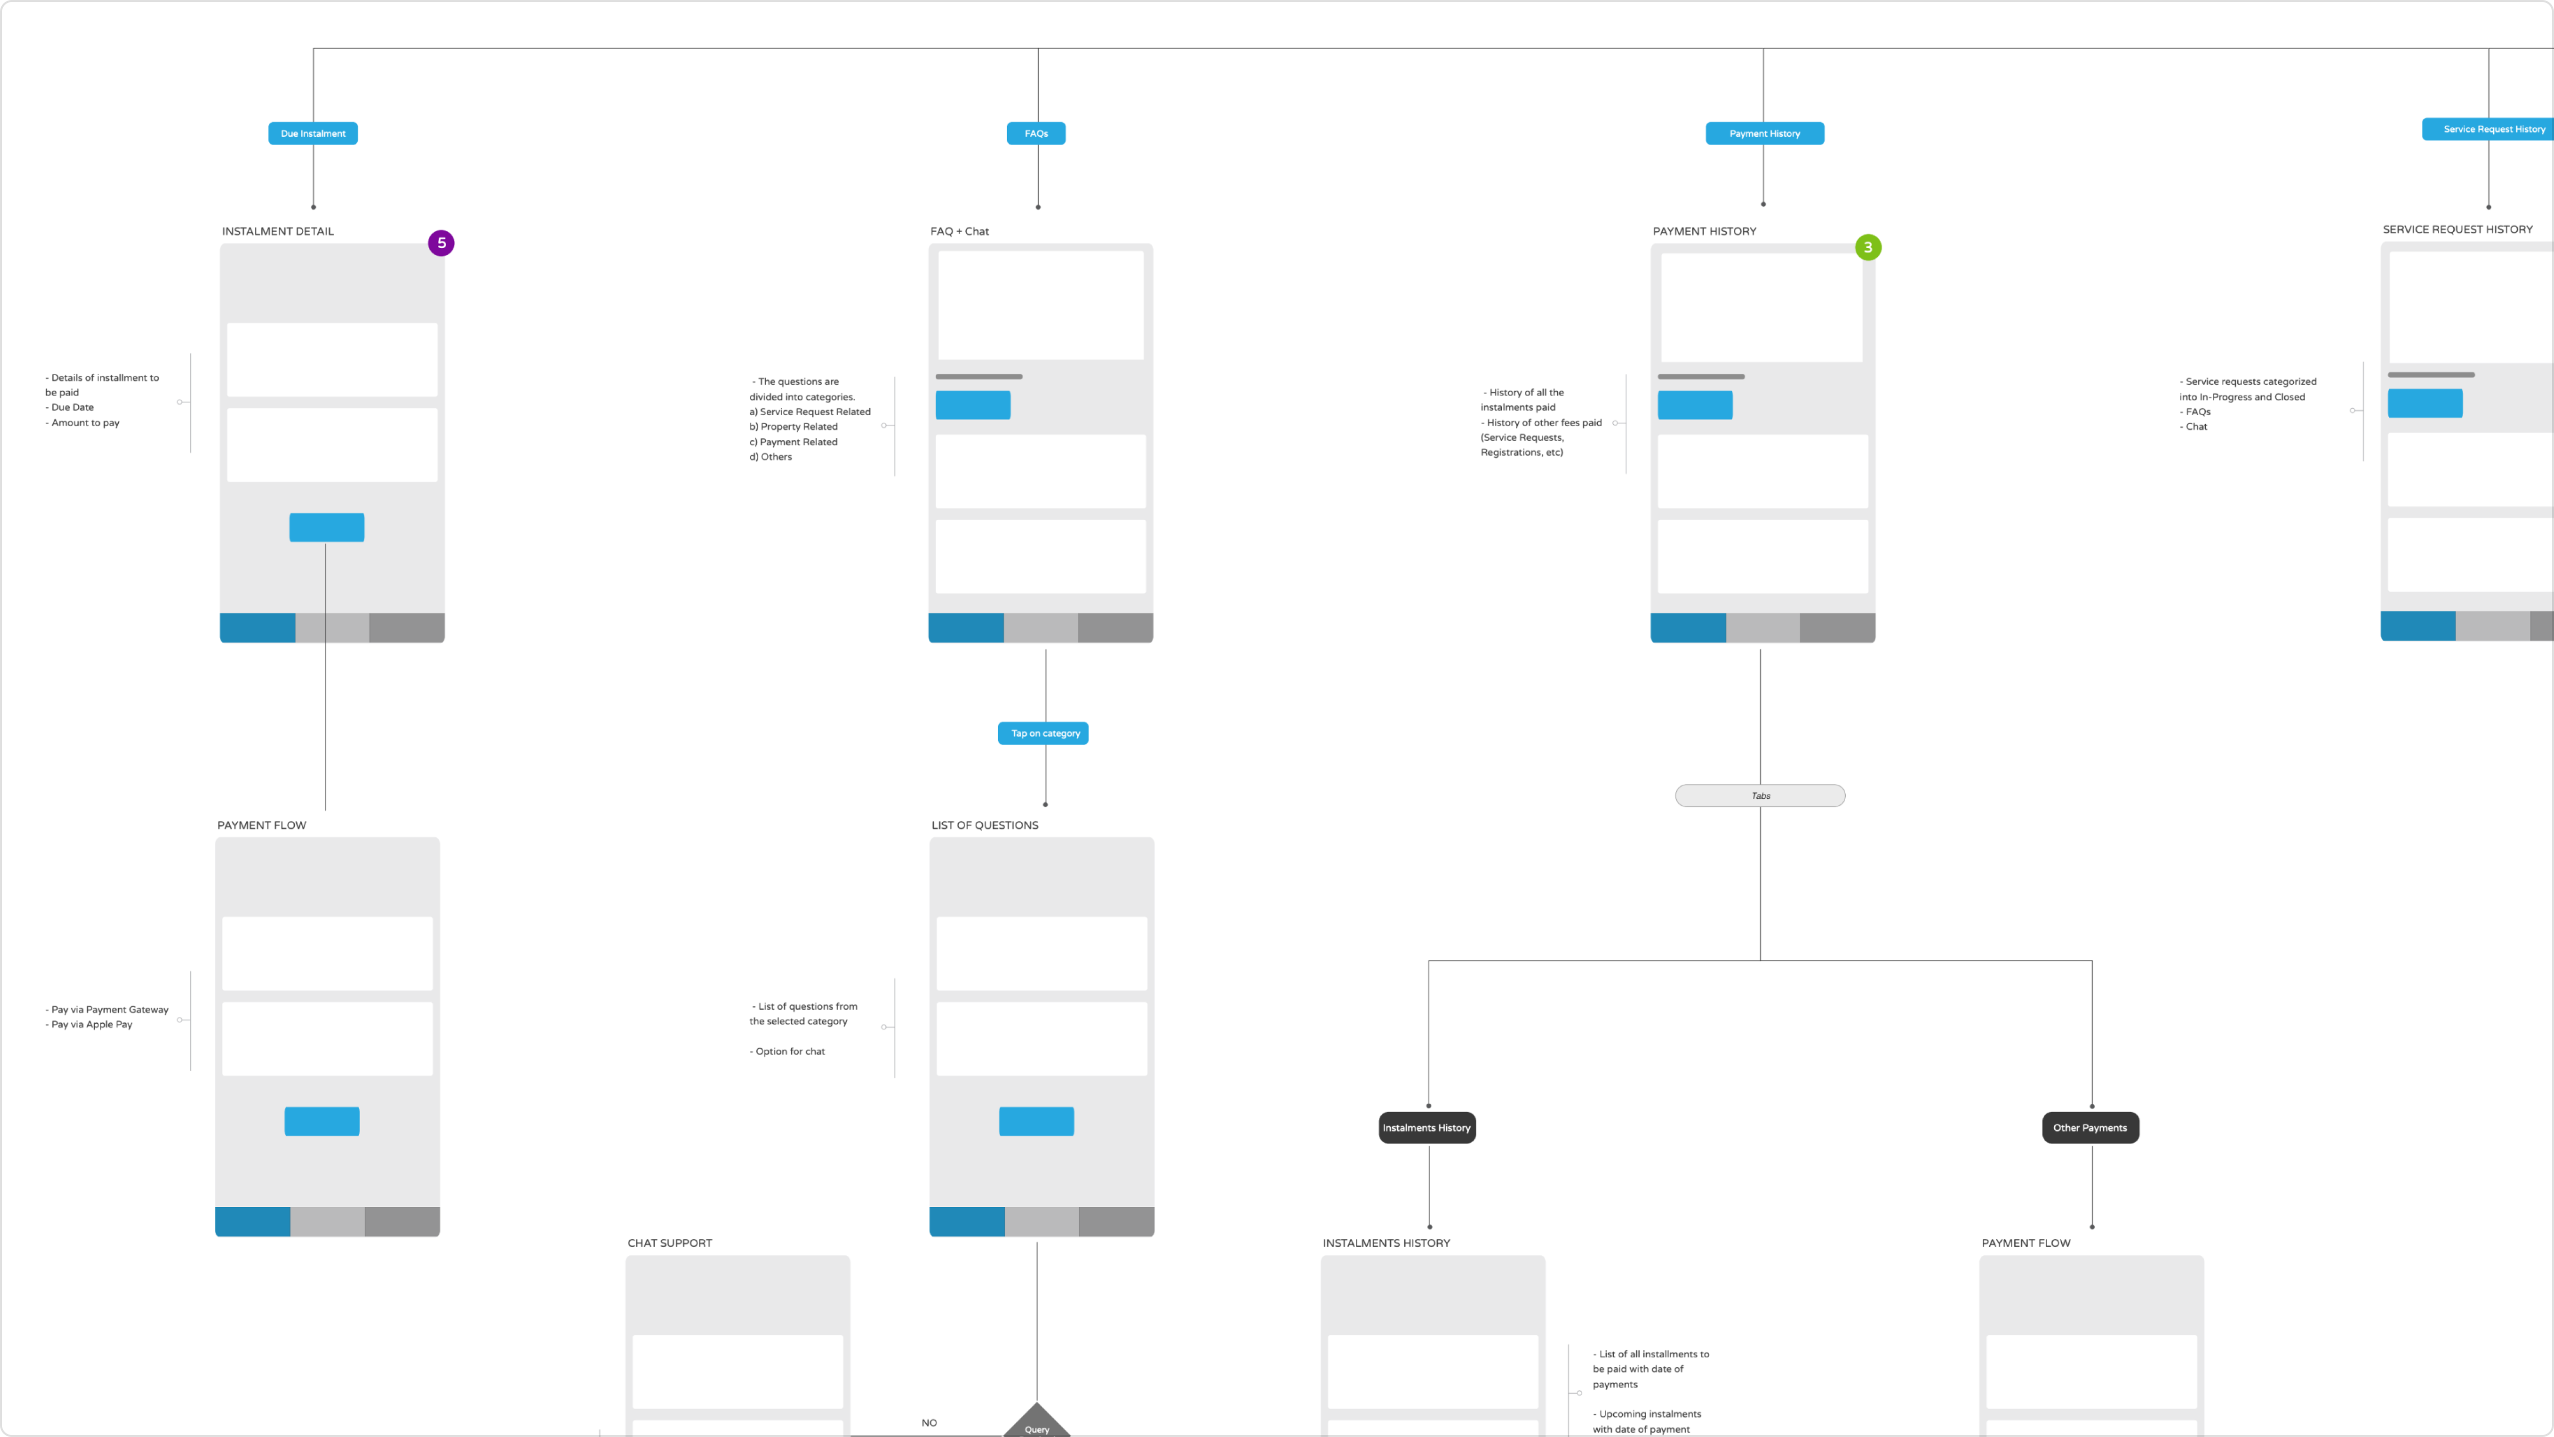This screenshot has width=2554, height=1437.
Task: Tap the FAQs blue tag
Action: tap(1036, 133)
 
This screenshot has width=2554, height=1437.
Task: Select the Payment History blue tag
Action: tap(1764, 133)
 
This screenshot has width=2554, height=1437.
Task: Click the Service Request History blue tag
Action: tap(2489, 129)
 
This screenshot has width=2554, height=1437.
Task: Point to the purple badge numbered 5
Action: tap(441, 243)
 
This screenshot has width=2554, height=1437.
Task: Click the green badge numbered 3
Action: tap(1868, 247)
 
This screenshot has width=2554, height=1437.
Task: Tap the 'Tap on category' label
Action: tap(1044, 733)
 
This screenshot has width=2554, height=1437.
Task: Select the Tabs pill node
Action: tap(1760, 795)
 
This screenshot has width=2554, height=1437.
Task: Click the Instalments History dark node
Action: tap(1427, 1128)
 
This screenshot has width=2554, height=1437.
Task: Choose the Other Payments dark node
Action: tap(2090, 1128)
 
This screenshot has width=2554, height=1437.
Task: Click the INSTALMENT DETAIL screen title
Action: tap(278, 231)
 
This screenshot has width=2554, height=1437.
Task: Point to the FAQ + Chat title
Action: tap(959, 231)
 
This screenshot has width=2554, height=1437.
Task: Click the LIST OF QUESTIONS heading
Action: tap(985, 825)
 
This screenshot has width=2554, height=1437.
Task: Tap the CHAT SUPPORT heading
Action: tap(669, 1242)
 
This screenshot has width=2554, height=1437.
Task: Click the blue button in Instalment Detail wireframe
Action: tap(326, 526)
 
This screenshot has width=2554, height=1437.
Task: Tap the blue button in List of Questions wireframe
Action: tap(1036, 1121)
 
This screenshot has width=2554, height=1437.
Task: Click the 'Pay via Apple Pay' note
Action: tap(91, 1024)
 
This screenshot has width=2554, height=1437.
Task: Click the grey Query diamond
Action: tap(1036, 1423)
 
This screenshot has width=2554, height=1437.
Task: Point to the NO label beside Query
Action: tap(929, 1422)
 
